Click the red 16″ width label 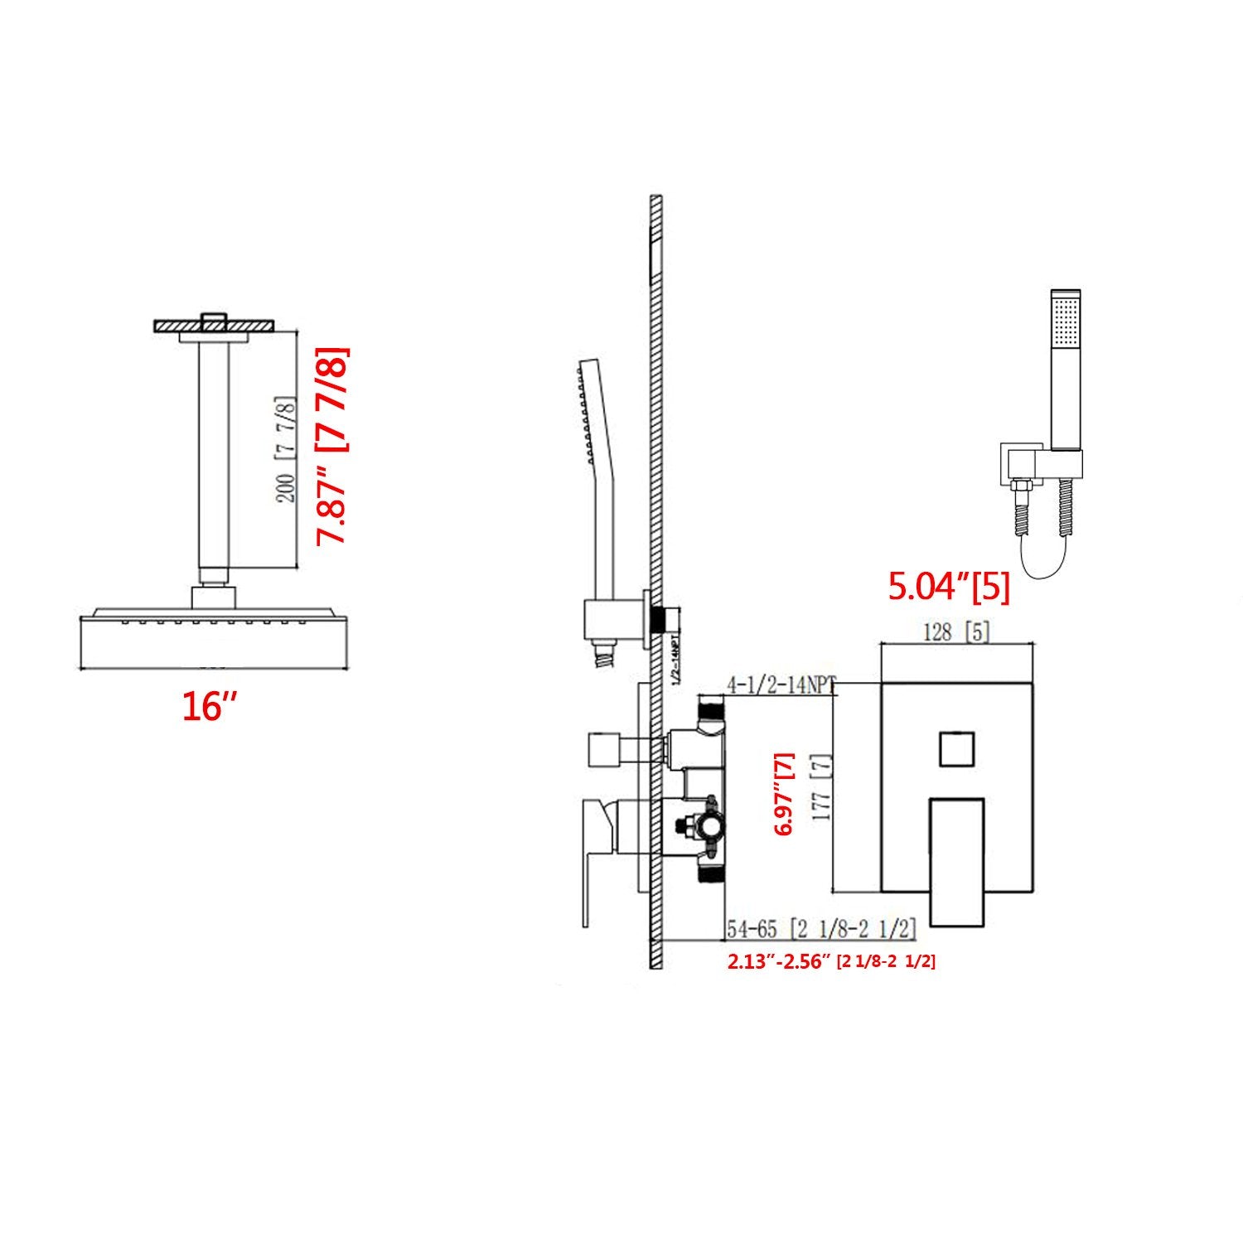pos(210,708)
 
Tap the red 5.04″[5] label pos(949,588)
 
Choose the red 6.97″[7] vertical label pos(783,793)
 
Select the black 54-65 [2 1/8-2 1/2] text pos(821,930)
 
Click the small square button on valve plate pos(956,748)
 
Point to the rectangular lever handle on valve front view pos(956,861)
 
